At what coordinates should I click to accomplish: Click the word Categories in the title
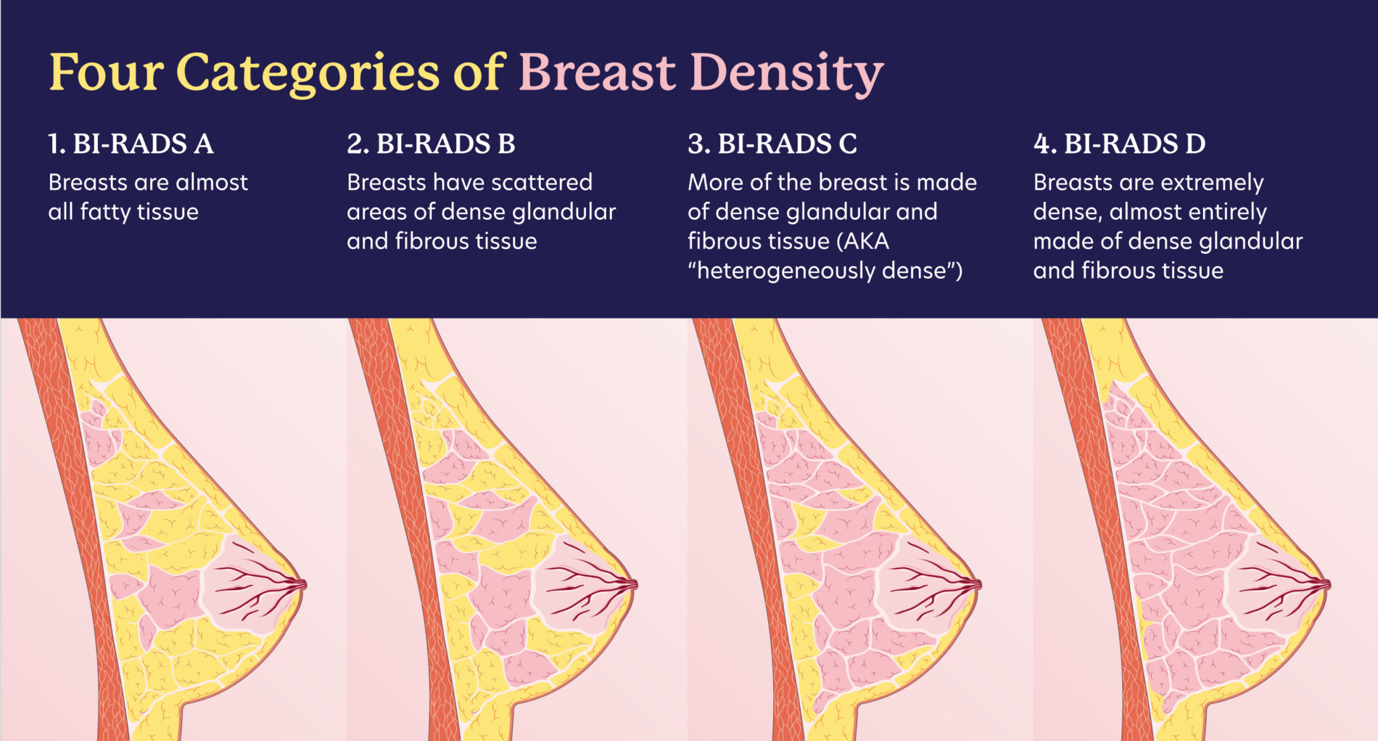308,73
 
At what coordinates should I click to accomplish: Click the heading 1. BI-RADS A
131,144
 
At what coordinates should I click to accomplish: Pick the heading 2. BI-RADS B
431,144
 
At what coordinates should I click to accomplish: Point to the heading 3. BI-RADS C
772,144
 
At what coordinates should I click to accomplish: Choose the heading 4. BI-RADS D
1119,144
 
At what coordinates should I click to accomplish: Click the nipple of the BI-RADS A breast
302,584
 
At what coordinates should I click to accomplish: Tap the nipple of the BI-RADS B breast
633,584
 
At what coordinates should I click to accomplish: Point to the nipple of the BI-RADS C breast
977,584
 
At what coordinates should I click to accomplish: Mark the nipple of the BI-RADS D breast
1326,584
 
